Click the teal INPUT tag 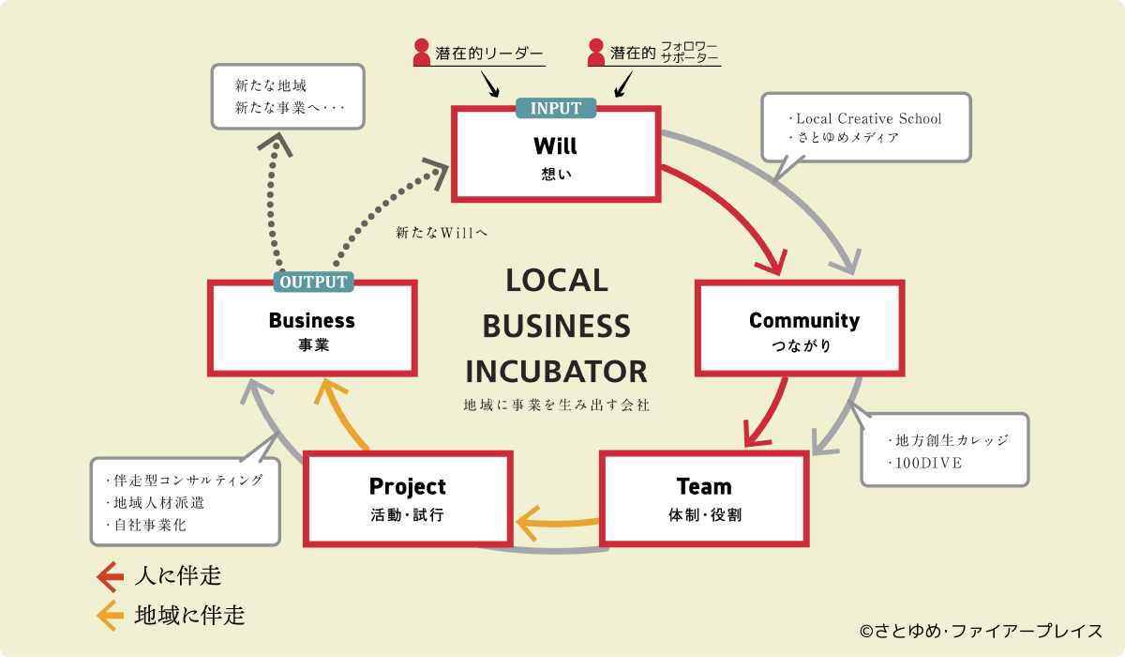[556, 108]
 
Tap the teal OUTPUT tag [313, 282]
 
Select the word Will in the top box [555, 145]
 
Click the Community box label [804, 320]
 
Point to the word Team [704, 486]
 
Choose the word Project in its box [407, 486]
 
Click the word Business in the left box [312, 320]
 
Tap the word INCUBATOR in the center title [557, 372]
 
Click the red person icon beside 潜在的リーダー [421, 53]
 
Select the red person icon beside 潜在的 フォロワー [596, 53]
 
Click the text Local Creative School [868, 118]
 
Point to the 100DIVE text [929, 463]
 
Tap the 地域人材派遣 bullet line [158, 503]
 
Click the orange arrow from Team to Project [557, 523]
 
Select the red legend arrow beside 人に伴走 [111, 576]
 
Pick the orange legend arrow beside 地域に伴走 [111, 616]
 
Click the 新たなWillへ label [442, 232]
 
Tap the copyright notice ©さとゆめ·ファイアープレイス [982, 632]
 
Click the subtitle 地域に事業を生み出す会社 [557, 405]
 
